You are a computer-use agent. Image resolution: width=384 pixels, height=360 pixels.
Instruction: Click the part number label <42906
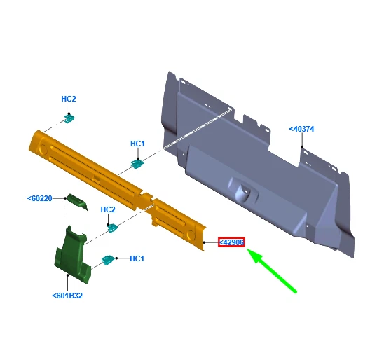231,242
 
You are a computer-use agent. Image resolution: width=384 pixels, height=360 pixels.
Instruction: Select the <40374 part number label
301,129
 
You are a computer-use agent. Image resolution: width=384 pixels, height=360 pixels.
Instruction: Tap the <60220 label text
40,198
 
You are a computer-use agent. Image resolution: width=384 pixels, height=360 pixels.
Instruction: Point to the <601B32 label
67,296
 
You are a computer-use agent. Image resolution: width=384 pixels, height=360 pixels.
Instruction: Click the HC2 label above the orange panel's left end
69,99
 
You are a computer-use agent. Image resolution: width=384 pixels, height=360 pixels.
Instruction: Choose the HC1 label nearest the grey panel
137,144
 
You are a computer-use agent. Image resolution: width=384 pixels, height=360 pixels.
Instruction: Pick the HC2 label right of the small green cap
108,209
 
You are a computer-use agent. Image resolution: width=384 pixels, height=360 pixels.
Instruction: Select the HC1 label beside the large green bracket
137,258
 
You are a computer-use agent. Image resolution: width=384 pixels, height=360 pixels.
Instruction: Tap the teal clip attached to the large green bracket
107,260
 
